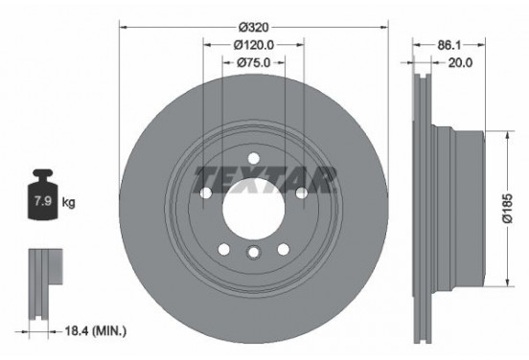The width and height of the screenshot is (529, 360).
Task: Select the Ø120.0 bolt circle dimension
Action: click(x=254, y=45)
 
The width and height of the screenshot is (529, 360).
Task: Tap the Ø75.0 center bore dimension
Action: click(x=254, y=62)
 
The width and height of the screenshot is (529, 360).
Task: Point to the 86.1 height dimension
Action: click(x=444, y=45)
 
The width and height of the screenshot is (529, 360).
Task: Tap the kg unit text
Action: click(x=68, y=203)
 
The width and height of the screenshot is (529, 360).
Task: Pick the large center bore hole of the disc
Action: click(x=254, y=203)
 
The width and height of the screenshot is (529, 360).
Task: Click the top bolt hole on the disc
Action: click(x=254, y=159)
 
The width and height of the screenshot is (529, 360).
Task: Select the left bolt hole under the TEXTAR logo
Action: click(x=207, y=193)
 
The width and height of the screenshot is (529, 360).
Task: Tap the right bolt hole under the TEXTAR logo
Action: click(x=301, y=193)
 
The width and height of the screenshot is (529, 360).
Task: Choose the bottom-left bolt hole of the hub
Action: click(x=224, y=248)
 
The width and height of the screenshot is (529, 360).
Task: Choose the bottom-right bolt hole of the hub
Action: click(x=284, y=248)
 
